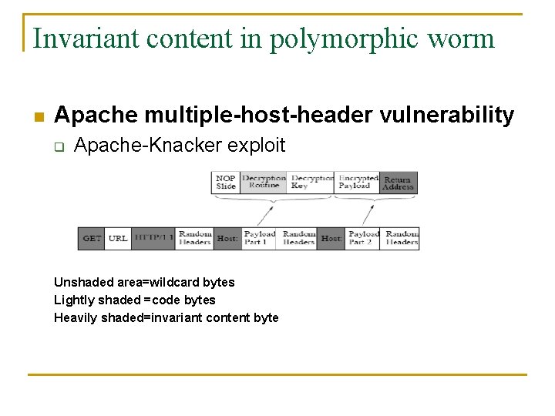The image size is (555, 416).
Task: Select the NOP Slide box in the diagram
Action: pyautogui.click(x=226, y=182)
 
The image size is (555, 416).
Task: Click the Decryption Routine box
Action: pyautogui.click(x=264, y=182)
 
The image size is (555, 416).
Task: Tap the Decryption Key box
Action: pyautogui.click(x=312, y=182)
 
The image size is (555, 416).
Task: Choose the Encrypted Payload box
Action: pyautogui.click(x=358, y=182)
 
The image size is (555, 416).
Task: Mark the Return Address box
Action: pyautogui.click(x=399, y=182)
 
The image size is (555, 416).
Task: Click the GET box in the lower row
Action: pyautogui.click(x=91, y=238)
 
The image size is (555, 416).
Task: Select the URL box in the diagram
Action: pyautogui.click(x=118, y=238)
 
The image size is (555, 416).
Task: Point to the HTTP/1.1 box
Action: pyautogui.click(x=153, y=238)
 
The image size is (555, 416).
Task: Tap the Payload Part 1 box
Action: pyautogui.click(x=260, y=238)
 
